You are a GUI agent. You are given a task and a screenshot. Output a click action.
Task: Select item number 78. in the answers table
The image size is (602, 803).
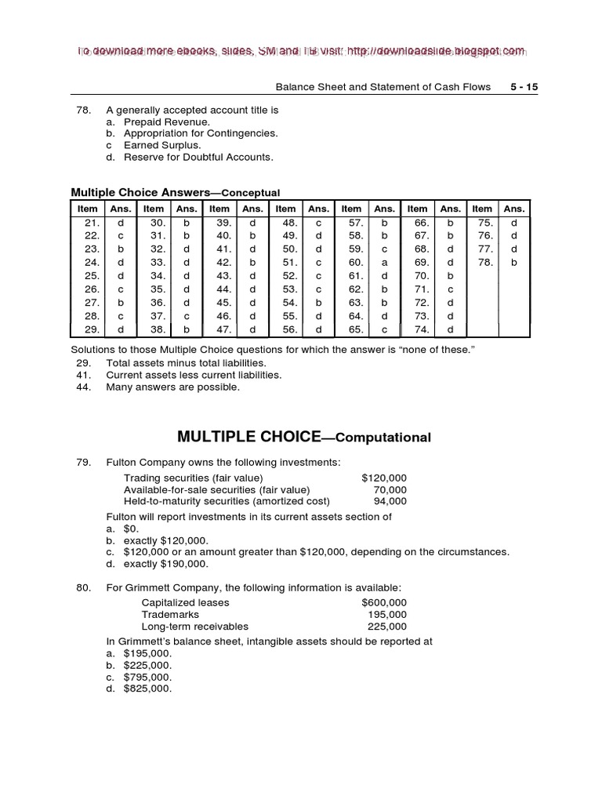487,262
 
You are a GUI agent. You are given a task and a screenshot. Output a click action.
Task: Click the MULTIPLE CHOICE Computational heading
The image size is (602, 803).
304,437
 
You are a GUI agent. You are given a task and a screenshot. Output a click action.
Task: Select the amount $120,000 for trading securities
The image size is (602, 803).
384,478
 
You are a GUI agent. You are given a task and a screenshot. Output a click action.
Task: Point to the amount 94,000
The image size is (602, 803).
390,501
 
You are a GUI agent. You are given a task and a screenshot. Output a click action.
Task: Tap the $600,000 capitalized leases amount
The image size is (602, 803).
384,603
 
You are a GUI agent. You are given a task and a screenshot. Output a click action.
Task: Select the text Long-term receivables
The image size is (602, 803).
194,627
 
